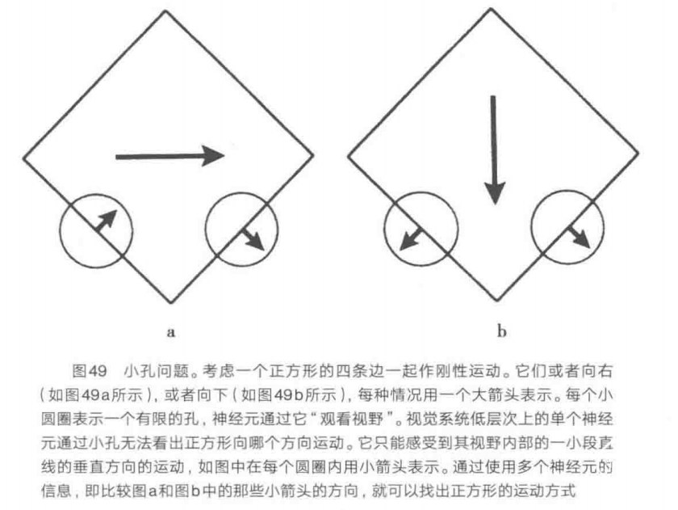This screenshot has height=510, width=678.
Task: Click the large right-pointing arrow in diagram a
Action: click(170, 156)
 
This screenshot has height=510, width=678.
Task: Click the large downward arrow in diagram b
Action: click(494, 150)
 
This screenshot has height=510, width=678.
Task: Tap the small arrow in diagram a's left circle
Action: click(107, 221)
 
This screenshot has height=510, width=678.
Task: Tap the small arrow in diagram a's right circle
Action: click(253, 239)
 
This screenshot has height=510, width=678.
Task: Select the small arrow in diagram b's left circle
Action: click(411, 239)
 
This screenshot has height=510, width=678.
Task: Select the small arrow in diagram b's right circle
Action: click(579, 237)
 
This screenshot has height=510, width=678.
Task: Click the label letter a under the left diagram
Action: click(171, 332)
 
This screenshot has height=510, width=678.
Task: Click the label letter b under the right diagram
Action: click(501, 331)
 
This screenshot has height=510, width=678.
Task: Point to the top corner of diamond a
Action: click(165, 11)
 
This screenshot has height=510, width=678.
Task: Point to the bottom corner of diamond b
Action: click(497, 300)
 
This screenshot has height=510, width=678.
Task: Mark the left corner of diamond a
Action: click(23, 158)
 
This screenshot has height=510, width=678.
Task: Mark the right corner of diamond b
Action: click(638, 153)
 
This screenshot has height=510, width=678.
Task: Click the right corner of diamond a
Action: click(313, 154)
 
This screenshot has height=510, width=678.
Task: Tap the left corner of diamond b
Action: click(348, 156)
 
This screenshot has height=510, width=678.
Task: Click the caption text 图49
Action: click(90, 371)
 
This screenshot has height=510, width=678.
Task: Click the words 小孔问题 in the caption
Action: click(157, 371)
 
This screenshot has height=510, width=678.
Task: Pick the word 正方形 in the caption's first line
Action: click(294, 371)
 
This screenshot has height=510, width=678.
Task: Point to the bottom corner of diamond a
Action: click(170, 302)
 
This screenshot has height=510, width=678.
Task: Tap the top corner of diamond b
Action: click(491, 8)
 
